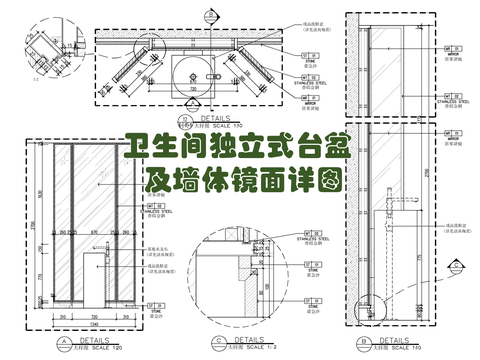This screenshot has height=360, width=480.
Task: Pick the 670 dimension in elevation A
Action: [92, 234]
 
